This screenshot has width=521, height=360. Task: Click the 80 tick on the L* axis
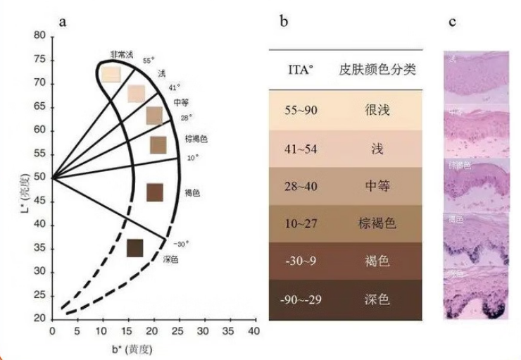click(40, 35)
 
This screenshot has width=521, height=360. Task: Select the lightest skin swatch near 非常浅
click(111, 74)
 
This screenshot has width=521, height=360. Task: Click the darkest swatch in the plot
click(134, 248)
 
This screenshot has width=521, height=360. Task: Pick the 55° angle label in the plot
click(148, 61)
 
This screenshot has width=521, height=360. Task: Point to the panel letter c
click(453, 21)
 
